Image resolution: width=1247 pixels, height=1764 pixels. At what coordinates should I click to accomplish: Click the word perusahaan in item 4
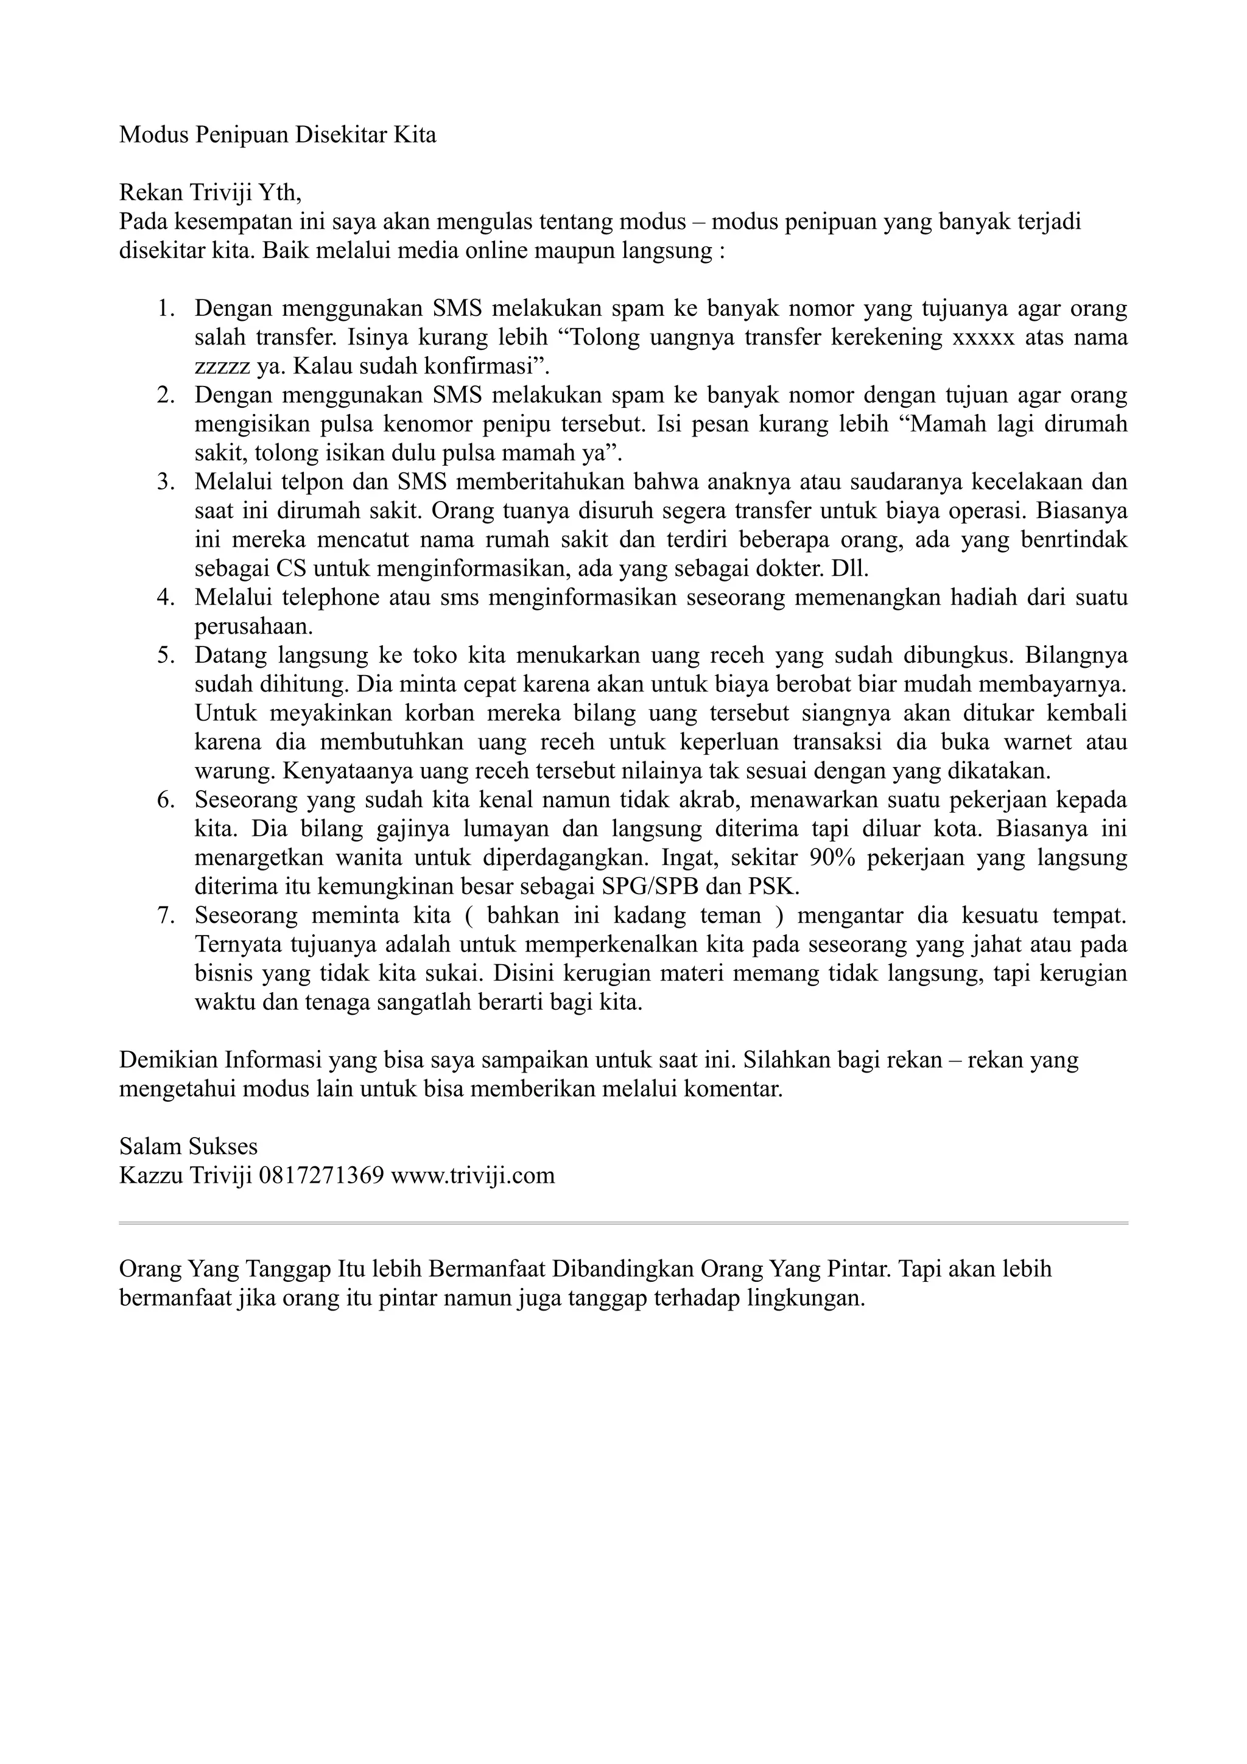[x=253, y=627]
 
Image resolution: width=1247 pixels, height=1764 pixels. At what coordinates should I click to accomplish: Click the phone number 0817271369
[x=322, y=1175]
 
